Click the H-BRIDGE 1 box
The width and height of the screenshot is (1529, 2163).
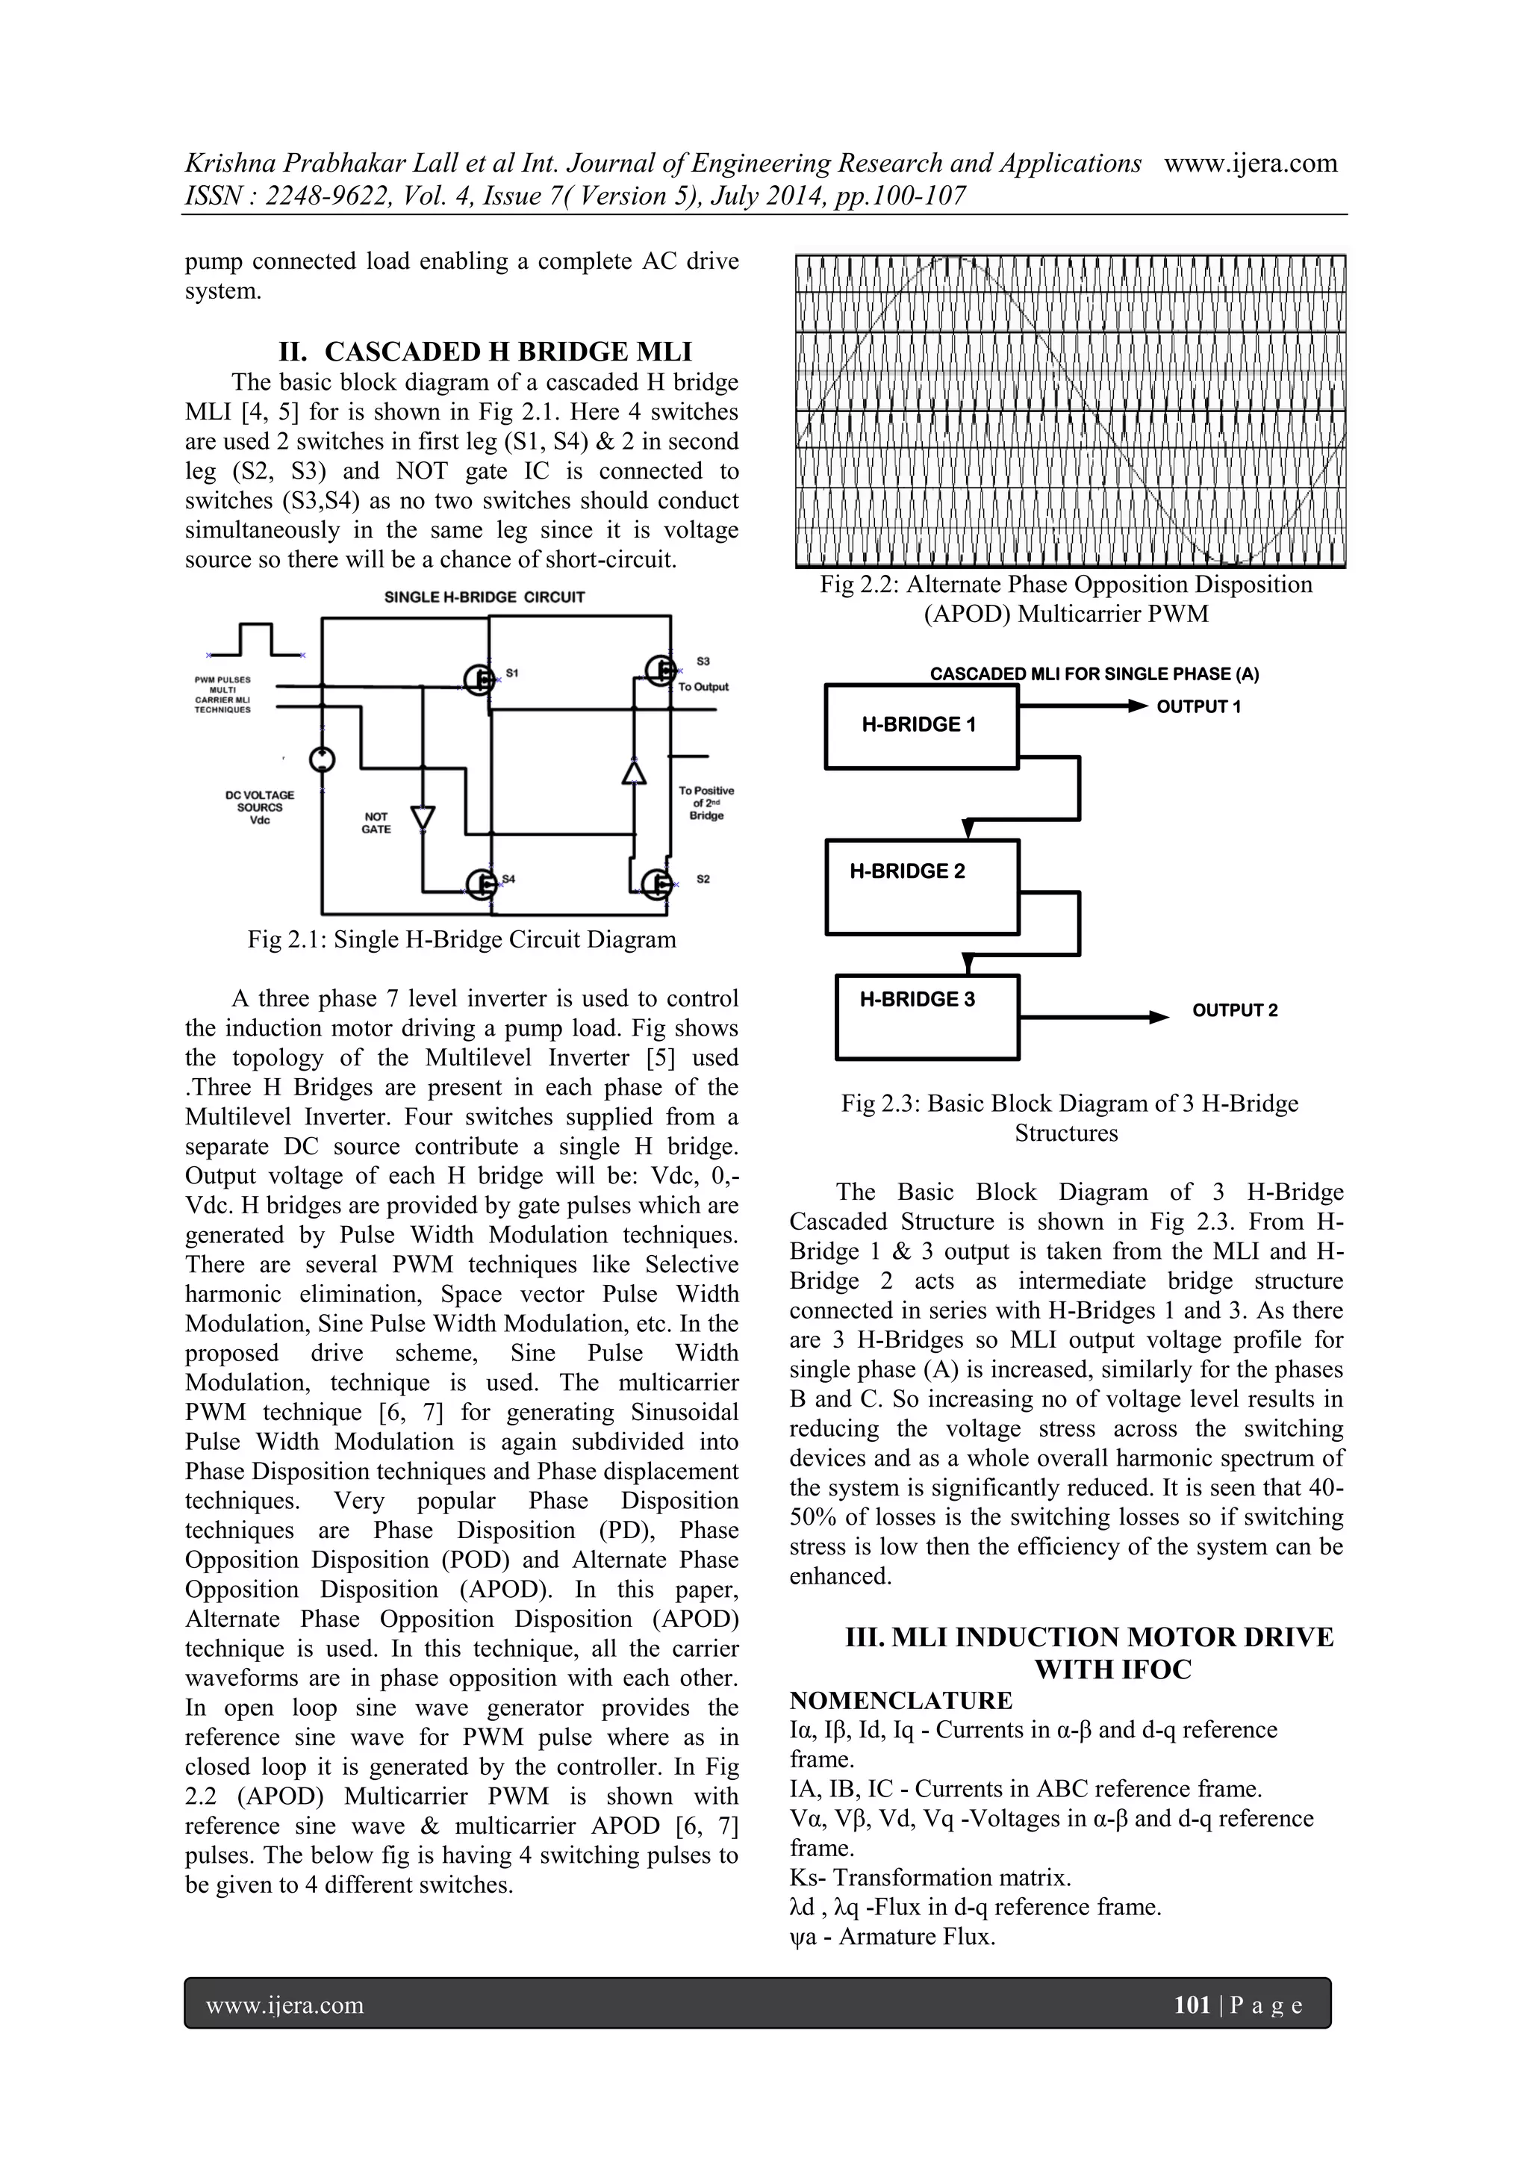(x=921, y=726)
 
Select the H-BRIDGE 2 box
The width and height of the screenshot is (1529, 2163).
(x=922, y=886)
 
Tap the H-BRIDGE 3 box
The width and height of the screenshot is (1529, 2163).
(x=927, y=1016)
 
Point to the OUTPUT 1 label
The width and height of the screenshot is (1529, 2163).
(x=1198, y=706)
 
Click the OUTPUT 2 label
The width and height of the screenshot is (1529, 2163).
(x=1234, y=1011)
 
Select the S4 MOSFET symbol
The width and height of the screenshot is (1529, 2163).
(x=482, y=883)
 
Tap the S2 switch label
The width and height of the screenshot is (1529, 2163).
(x=703, y=879)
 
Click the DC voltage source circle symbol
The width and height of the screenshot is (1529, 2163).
(x=323, y=759)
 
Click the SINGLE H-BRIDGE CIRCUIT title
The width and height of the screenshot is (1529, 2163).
(x=485, y=597)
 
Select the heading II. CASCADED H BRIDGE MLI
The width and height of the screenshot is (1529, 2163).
(x=485, y=352)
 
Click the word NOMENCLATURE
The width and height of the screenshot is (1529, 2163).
(x=900, y=1700)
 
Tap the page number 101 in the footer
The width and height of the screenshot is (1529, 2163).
(x=1192, y=2005)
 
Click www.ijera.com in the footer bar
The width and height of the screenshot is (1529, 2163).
(x=284, y=2005)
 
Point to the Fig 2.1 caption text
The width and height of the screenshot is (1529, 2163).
(x=461, y=939)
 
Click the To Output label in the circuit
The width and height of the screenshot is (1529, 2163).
(x=703, y=687)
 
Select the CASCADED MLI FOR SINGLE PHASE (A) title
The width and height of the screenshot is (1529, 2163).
(x=1094, y=674)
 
